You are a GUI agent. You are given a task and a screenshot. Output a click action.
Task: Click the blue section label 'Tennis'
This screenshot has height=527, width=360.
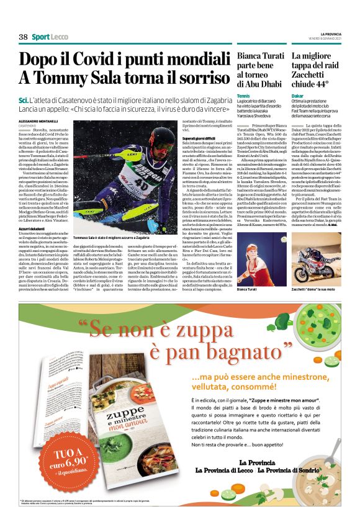click(243, 96)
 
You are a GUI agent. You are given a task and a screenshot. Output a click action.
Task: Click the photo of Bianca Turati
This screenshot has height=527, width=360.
click(260, 262)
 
